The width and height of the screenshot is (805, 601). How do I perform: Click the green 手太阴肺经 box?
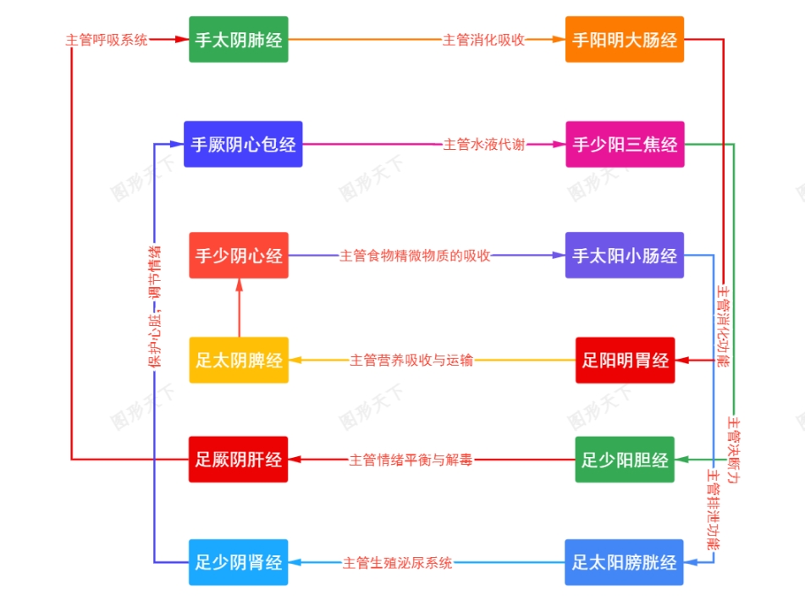tap(238, 39)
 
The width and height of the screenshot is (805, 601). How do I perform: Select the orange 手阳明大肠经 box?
tap(624, 39)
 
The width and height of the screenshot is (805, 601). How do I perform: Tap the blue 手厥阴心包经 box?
tap(243, 144)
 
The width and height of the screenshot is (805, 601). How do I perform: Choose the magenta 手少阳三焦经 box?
tap(624, 144)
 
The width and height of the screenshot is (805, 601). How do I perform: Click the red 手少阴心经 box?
tap(238, 255)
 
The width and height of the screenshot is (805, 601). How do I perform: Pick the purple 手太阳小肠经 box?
tap(624, 255)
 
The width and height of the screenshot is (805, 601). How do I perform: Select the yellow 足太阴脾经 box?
tap(238, 360)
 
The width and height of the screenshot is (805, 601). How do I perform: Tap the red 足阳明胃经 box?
tap(625, 360)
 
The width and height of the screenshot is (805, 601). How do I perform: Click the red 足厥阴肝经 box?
tap(238, 460)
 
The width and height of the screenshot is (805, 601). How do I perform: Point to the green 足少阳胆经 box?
tap(625, 460)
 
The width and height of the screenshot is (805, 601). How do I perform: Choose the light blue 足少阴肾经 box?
tap(238, 562)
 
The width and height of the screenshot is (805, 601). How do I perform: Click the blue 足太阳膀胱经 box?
tap(624, 562)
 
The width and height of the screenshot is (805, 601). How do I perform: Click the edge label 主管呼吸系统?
tap(107, 39)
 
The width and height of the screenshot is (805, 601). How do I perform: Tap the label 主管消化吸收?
tap(483, 39)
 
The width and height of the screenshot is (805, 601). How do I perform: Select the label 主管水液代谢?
tap(483, 144)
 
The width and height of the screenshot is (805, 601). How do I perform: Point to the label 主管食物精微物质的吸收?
tap(415, 255)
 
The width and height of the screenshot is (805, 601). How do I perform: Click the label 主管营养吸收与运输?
tap(411, 360)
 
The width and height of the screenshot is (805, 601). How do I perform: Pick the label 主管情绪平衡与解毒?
tap(411, 460)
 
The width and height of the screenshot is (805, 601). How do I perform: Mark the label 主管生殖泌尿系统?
tap(397, 562)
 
